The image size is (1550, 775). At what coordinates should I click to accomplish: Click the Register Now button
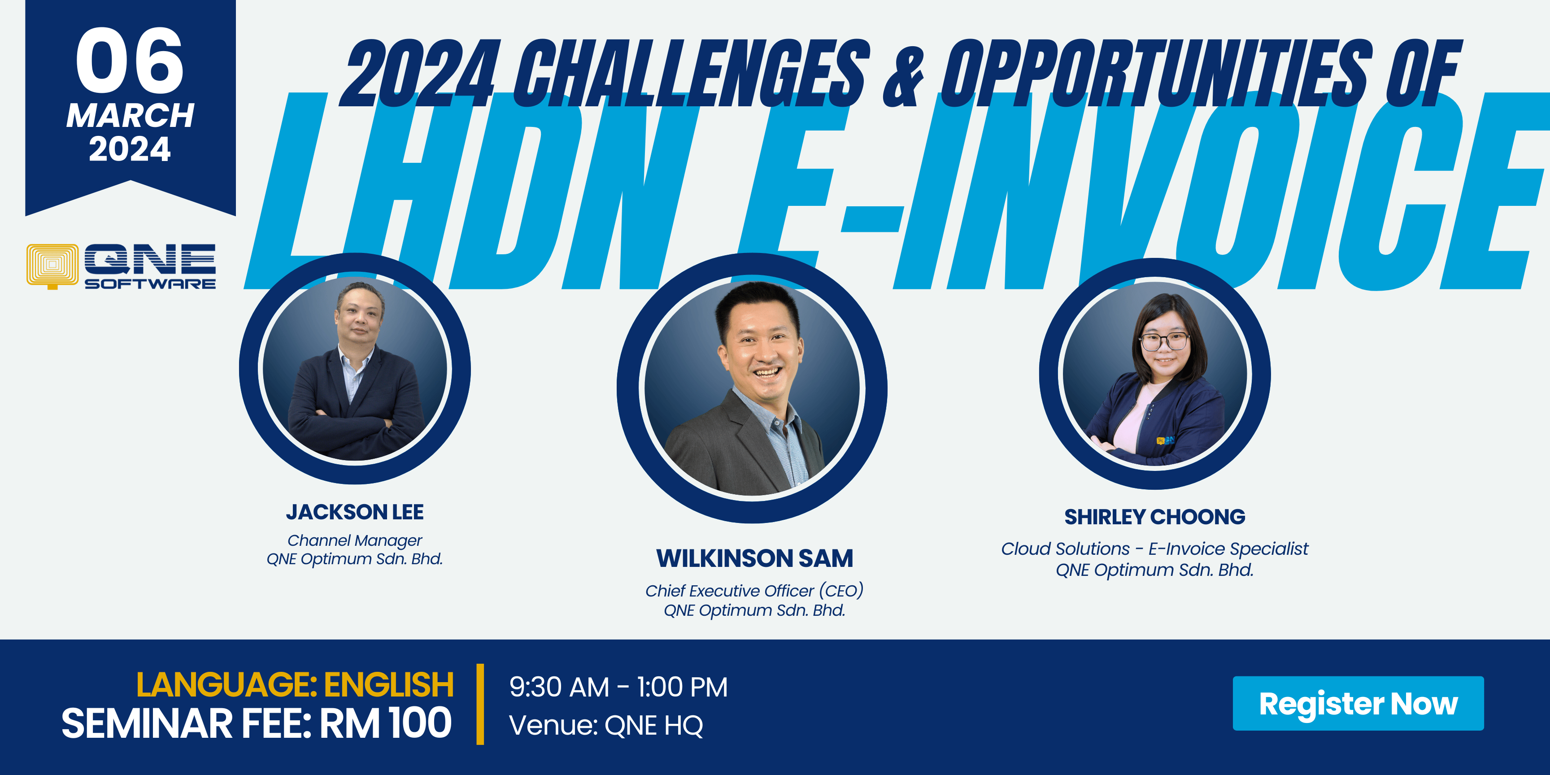click(1358, 703)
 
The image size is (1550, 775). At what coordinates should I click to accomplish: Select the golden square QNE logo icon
click(52, 266)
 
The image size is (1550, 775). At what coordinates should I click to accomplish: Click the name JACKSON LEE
click(355, 512)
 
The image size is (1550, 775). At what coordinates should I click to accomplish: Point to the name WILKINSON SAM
click(754, 558)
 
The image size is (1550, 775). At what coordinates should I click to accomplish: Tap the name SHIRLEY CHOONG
click(1155, 517)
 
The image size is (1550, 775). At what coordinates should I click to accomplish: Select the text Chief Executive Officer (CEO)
click(754, 591)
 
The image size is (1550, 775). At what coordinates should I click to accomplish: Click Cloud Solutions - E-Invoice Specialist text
click(1155, 549)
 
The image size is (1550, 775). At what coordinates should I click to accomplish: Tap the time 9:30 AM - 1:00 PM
click(618, 687)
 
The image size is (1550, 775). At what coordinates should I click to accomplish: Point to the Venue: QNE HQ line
click(606, 725)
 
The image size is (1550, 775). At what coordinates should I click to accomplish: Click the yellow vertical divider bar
click(480, 704)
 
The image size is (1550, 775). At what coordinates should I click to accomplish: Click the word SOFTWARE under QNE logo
click(150, 283)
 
